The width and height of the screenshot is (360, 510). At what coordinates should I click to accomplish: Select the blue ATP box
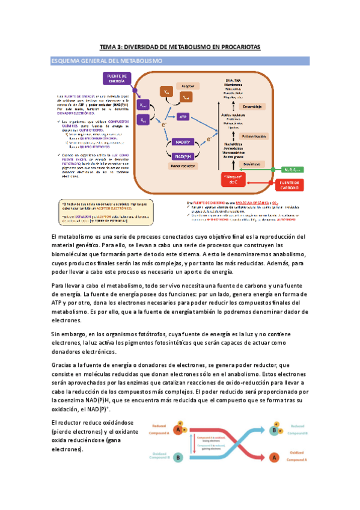(x=183, y=117)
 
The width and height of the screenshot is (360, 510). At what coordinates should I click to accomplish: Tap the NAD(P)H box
(x=183, y=155)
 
